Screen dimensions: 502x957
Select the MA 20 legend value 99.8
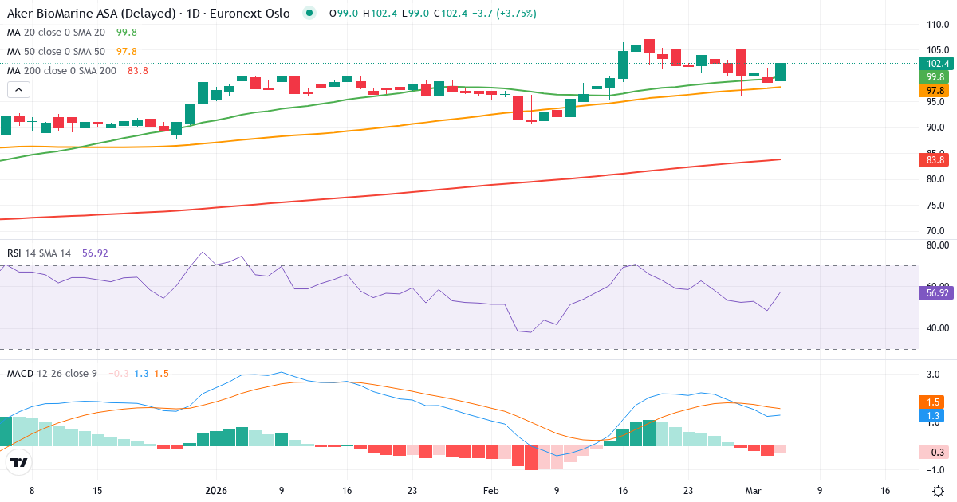tap(127, 33)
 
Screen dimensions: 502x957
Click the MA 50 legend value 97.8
tap(127, 52)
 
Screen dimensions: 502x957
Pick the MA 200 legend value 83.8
tap(138, 71)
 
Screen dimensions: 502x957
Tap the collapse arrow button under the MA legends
tap(18, 90)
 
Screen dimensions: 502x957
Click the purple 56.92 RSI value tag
tap(937, 293)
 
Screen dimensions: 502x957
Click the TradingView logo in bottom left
tap(19, 462)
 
